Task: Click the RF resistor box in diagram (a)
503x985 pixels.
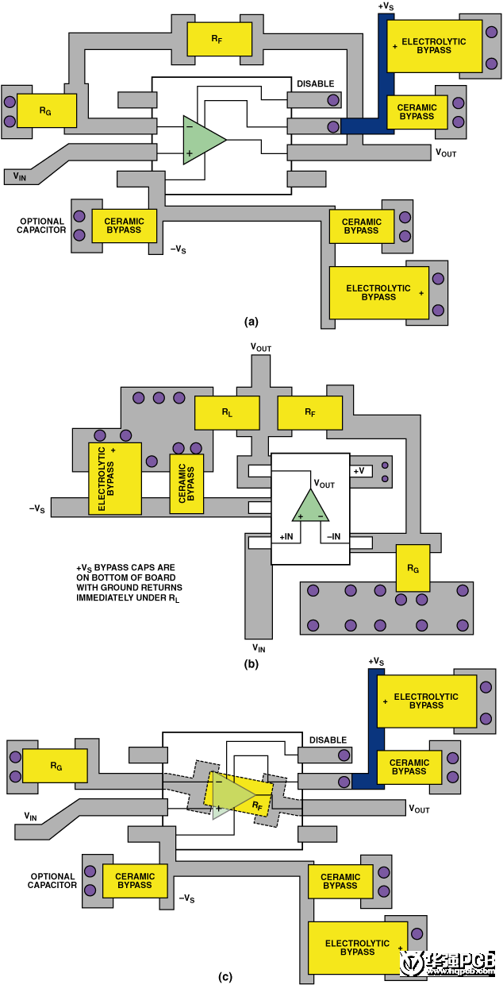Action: click(x=219, y=38)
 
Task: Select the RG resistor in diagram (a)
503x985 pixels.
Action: click(x=46, y=110)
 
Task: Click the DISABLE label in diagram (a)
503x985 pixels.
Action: click(x=316, y=83)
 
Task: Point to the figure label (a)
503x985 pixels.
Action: click(x=251, y=322)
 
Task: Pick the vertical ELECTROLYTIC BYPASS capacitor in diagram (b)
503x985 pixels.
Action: click(x=114, y=478)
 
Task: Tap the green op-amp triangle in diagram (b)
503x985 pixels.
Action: click(x=310, y=505)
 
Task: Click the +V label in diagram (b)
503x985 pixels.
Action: click(x=360, y=470)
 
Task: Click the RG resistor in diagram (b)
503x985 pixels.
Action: click(x=413, y=568)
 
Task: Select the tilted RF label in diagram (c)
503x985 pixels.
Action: click(x=257, y=805)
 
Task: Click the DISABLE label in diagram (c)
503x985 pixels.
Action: click(x=328, y=740)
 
